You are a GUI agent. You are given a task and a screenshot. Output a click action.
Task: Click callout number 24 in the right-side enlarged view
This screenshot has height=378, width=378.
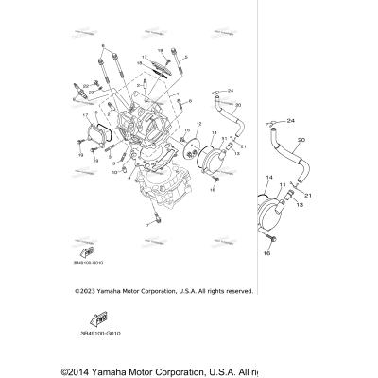pos(291,120)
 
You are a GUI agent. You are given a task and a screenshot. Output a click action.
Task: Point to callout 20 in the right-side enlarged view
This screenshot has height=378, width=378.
pos(301,140)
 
